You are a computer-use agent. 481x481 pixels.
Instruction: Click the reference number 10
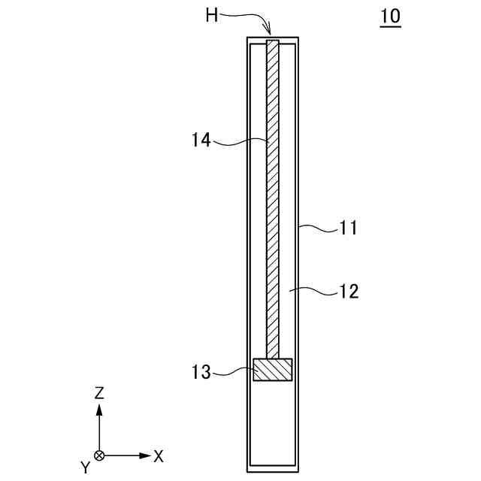[x=390, y=17]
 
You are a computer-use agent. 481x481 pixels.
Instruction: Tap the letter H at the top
[x=212, y=14]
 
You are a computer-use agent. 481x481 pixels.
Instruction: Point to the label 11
[x=348, y=226]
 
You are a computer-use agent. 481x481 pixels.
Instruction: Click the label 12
[x=348, y=291]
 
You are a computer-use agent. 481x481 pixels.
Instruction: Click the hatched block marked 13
[x=271, y=370]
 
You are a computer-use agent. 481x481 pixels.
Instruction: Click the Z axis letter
[x=99, y=392]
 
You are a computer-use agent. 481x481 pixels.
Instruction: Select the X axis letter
[x=159, y=455]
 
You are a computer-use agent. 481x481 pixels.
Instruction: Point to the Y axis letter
[x=86, y=467]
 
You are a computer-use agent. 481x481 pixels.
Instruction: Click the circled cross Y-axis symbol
[x=99, y=455]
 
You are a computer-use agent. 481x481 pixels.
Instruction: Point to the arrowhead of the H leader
[x=268, y=32]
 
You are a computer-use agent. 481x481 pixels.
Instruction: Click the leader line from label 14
[x=240, y=140]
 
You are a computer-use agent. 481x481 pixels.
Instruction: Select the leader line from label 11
[x=317, y=228]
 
